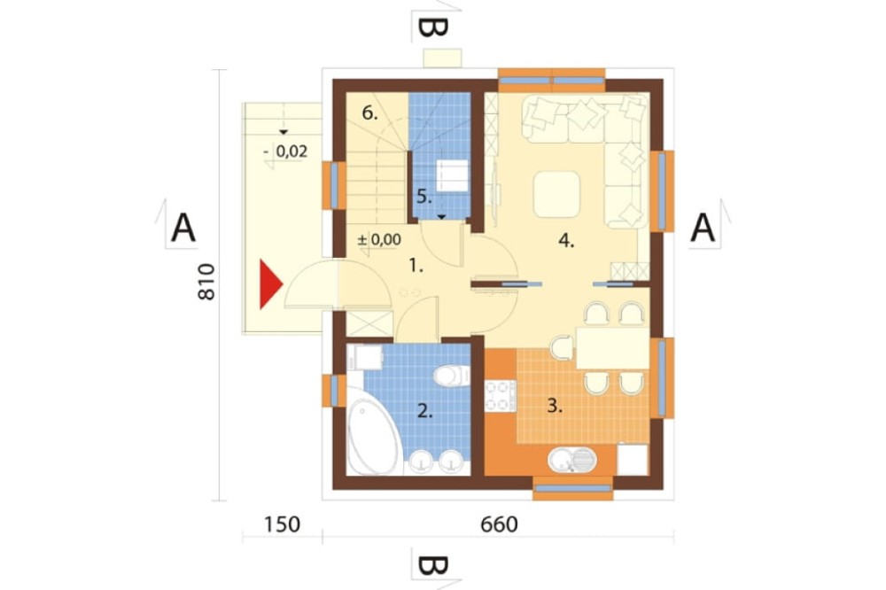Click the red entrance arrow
[269, 284]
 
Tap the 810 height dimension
[206, 282]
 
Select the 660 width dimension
[499, 524]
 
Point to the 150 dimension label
[282, 524]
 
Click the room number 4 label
[566, 241]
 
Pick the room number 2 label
[425, 411]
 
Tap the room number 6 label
[369, 113]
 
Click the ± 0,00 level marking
[380, 239]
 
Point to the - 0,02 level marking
[286, 151]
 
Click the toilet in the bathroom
[452, 375]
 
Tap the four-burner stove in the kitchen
[501, 395]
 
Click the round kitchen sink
[572, 460]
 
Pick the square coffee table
[556, 195]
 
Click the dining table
[612, 348]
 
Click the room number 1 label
[416, 265]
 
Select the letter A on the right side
[703, 229]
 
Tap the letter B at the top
[433, 27]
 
